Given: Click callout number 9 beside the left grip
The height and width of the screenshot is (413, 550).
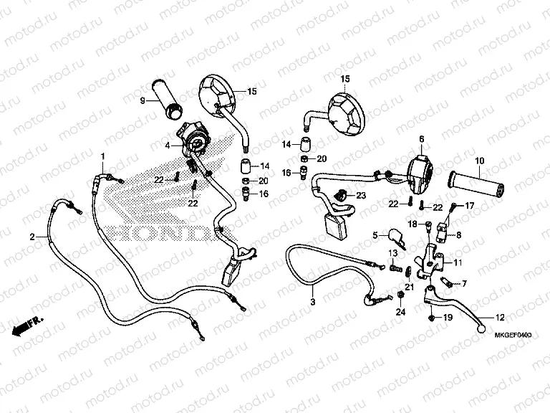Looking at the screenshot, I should pyautogui.click(x=143, y=100).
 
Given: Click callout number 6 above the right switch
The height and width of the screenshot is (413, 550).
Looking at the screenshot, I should pyautogui.click(x=421, y=138).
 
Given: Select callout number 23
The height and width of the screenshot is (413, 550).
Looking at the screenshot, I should pyautogui.click(x=360, y=195).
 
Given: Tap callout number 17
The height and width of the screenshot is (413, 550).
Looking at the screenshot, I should pyautogui.click(x=471, y=206).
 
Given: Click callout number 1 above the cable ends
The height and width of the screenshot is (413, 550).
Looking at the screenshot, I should pyautogui.click(x=102, y=156).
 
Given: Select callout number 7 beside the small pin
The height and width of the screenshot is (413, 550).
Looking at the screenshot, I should pyautogui.click(x=463, y=283).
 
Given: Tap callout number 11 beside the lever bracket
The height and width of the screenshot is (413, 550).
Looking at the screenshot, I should pyautogui.click(x=458, y=262).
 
